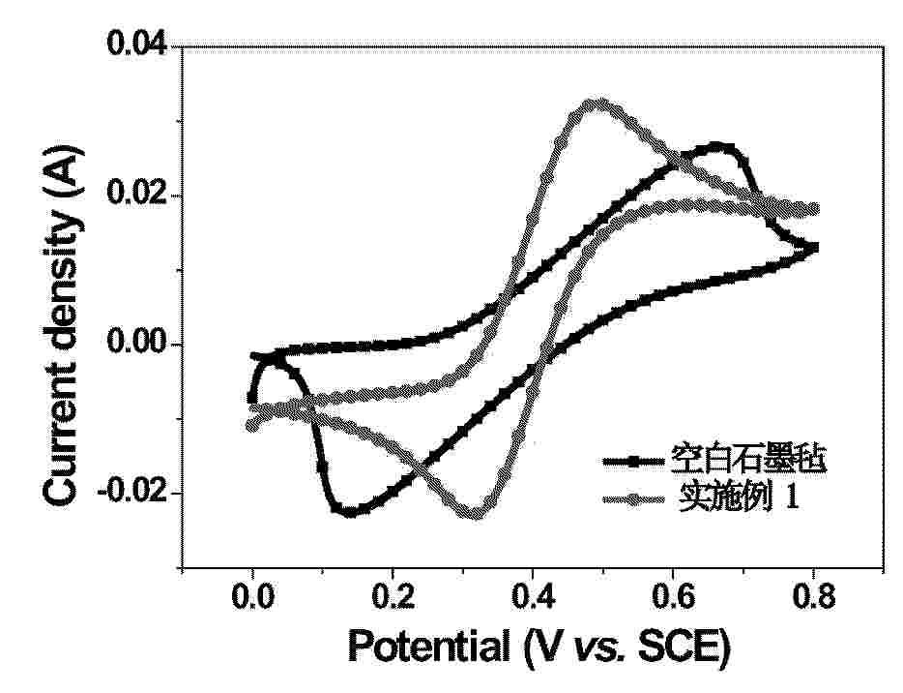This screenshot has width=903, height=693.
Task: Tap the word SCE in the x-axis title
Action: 680,646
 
